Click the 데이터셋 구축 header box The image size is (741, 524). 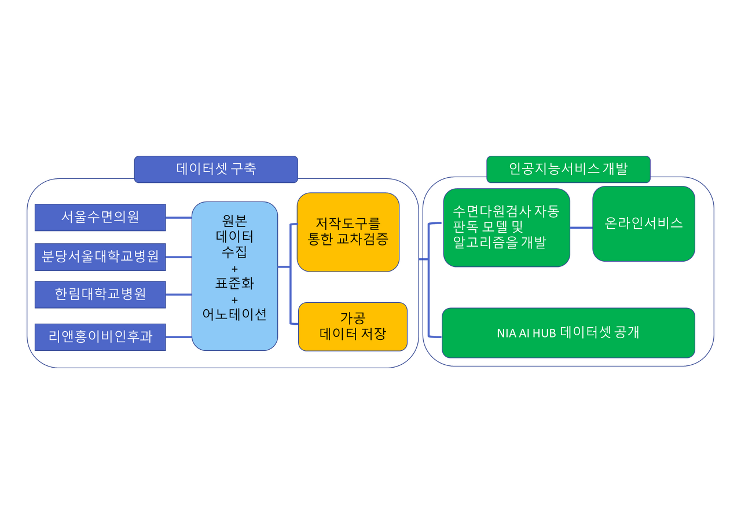[216, 169]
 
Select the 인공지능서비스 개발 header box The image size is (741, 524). [568, 169]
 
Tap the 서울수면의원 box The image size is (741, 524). [100, 217]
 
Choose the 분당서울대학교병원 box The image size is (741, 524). [100, 256]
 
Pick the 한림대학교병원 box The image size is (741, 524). [100, 294]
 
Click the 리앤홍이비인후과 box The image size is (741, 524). [100, 337]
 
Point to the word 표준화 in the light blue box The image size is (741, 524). [234, 284]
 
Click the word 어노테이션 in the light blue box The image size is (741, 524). [234, 314]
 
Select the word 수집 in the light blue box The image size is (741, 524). [234, 252]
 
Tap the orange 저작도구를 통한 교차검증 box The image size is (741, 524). [348, 232]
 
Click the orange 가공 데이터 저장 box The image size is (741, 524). [353, 327]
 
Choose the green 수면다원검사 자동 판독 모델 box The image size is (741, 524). [507, 228]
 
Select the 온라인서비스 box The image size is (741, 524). [644, 223]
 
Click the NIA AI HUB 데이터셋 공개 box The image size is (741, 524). [568, 333]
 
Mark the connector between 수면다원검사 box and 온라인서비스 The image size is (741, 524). [581, 228]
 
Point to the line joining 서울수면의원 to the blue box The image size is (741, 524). [178, 218]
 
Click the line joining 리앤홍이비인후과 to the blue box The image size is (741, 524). [178, 337]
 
